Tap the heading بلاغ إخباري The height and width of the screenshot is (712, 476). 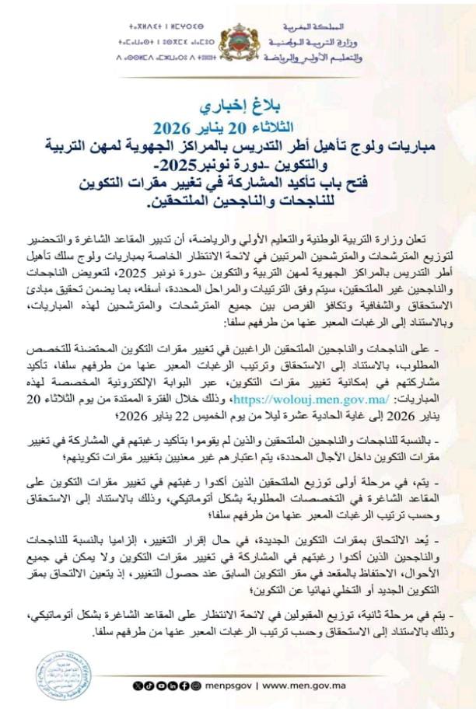tap(237, 102)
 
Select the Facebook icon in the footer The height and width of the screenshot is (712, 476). tap(184, 686)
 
